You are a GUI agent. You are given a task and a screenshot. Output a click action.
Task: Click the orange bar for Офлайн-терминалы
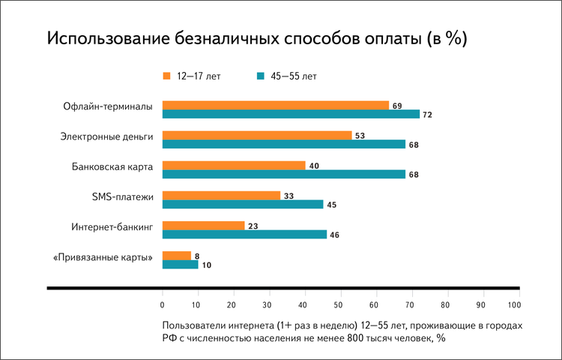275,105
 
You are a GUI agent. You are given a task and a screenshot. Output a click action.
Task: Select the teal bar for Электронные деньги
283,144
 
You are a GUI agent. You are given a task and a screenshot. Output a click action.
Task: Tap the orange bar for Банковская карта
234,165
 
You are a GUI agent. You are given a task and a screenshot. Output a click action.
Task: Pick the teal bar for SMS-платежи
243,204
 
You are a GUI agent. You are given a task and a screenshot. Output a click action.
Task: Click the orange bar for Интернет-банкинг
203,225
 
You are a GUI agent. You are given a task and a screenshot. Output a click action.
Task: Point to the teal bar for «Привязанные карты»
180,264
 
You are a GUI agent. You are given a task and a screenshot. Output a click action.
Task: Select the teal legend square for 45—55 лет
261,76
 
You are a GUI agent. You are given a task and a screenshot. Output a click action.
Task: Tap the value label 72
429,115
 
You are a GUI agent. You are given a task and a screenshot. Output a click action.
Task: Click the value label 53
360,136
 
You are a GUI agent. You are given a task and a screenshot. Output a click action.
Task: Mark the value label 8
196,256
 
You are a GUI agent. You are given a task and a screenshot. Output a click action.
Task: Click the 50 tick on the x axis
338,304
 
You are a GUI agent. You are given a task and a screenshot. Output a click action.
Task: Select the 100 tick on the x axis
514,304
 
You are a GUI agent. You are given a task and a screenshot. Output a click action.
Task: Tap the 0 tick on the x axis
163,304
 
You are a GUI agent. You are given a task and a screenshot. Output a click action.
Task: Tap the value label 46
335,235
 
